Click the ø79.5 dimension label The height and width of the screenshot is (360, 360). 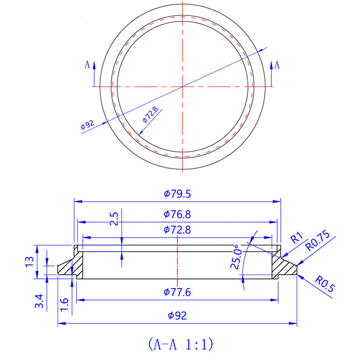[x=177, y=194]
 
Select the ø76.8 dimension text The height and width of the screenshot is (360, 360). [x=177, y=214]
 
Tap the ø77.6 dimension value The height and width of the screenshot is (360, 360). [x=177, y=293]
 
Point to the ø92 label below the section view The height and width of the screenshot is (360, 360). [x=177, y=316]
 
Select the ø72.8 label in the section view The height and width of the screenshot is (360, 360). [x=177, y=230]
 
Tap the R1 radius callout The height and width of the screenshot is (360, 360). [x=297, y=238]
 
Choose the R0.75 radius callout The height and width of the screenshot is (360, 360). [x=317, y=242]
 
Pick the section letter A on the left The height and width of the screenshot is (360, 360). [x=87, y=65]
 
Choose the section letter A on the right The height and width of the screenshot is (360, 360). [x=278, y=65]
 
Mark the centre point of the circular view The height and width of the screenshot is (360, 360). [x=182, y=87]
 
